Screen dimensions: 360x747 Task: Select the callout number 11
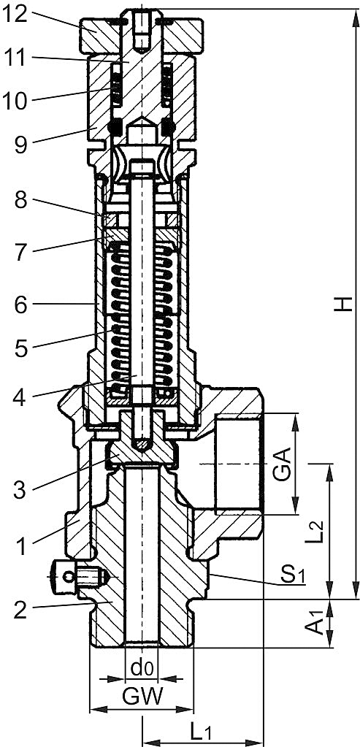coord(16,58)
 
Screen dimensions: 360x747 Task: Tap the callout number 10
coord(16,101)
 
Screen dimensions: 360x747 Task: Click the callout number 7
coord(21,253)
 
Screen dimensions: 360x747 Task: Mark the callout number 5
coord(21,348)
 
